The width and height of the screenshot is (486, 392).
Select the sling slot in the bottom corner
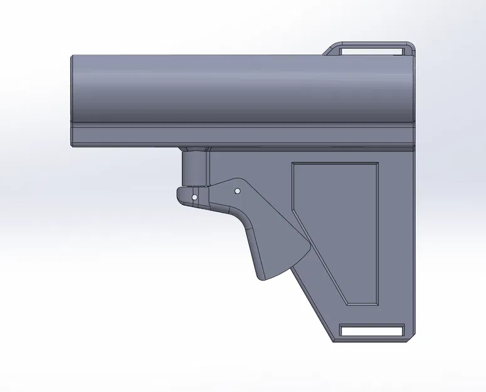(x=372, y=330)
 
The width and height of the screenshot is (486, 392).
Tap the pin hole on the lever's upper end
(x=237, y=189)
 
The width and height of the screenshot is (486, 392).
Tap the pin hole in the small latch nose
(x=195, y=197)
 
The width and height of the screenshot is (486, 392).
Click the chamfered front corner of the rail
(x=73, y=142)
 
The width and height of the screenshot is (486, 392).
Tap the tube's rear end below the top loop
(x=413, y=88)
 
